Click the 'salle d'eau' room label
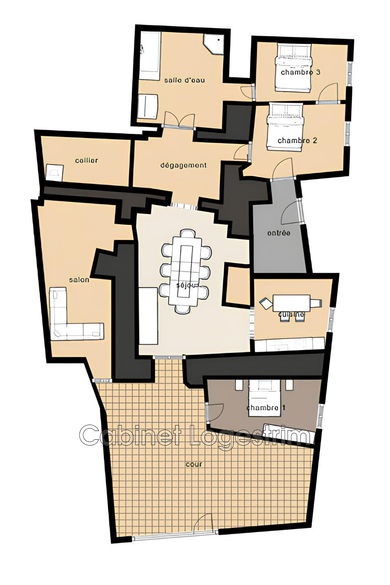point(184,80)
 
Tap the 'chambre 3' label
point(300,72)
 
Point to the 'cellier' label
point(87,160)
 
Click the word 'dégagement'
point(184,165)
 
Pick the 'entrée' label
point(278,233)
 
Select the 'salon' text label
point(79,280)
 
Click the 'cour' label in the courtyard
point(194,464)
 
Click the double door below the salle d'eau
point(179,120)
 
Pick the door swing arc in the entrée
point(290,213)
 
